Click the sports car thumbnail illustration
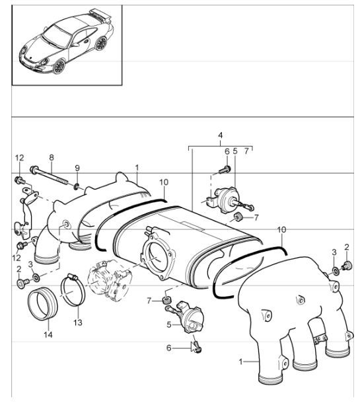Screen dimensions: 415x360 click(66, 45)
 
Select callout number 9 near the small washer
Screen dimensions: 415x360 click(77, 168)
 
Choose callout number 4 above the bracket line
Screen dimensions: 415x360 click(220, 137)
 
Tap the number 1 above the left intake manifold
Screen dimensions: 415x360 click(136, 168)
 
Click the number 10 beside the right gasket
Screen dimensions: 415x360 click(282, 229)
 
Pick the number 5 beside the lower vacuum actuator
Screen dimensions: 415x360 click(168, 324)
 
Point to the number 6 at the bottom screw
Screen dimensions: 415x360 click(168, 348)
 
